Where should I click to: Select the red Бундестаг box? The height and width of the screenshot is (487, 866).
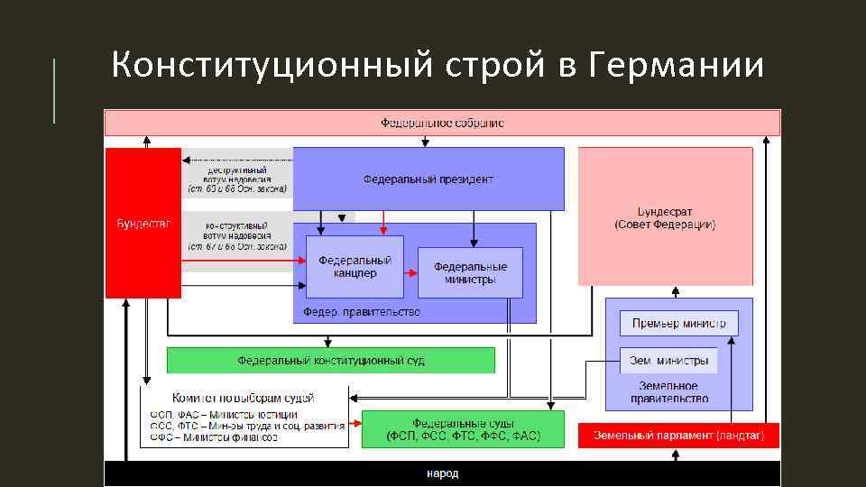[143, 223]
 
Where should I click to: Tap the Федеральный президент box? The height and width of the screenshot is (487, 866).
[428, 179]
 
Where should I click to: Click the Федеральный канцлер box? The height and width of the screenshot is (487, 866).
[355, 267]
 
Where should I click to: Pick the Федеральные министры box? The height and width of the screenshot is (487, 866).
[470, 272]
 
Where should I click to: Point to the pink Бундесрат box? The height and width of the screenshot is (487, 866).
[665, 216]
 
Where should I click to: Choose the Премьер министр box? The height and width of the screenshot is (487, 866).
[678, 324]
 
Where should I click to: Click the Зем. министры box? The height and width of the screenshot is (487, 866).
[668, 360]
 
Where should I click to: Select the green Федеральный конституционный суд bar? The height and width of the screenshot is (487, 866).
[331, 361]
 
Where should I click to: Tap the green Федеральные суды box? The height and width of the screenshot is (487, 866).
[463, 429]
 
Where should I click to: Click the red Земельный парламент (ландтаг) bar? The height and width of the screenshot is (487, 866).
[678, 436]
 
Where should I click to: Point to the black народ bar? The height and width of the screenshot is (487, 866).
[442, 473]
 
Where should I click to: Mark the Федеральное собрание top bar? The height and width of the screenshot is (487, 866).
[442, 123]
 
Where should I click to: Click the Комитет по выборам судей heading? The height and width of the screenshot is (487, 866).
[244, 398]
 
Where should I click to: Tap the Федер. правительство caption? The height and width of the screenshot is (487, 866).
[362, 312]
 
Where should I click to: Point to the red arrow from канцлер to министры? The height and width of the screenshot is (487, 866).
[410, 272]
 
